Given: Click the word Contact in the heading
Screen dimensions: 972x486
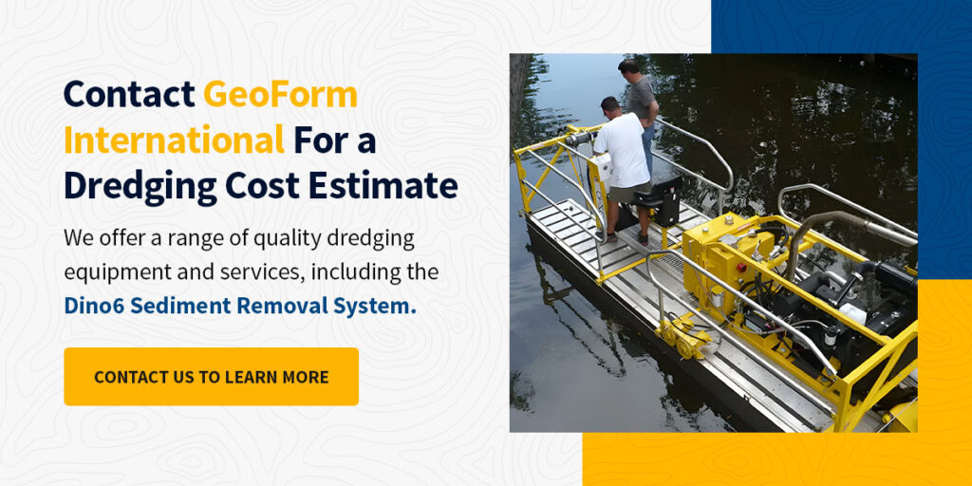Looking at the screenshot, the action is coord(129,94).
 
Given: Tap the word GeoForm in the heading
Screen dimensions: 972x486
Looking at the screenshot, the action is coord(280,94).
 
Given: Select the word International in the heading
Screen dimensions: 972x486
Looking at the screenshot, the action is coord(175,140).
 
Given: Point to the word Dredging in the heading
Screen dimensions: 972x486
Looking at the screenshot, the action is coord(140,185).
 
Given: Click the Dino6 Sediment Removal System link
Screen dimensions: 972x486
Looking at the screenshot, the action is coord(240,306).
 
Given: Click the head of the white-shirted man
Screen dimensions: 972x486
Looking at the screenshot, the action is coord(610,106).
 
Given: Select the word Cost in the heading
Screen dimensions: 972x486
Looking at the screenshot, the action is coord(262,185).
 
